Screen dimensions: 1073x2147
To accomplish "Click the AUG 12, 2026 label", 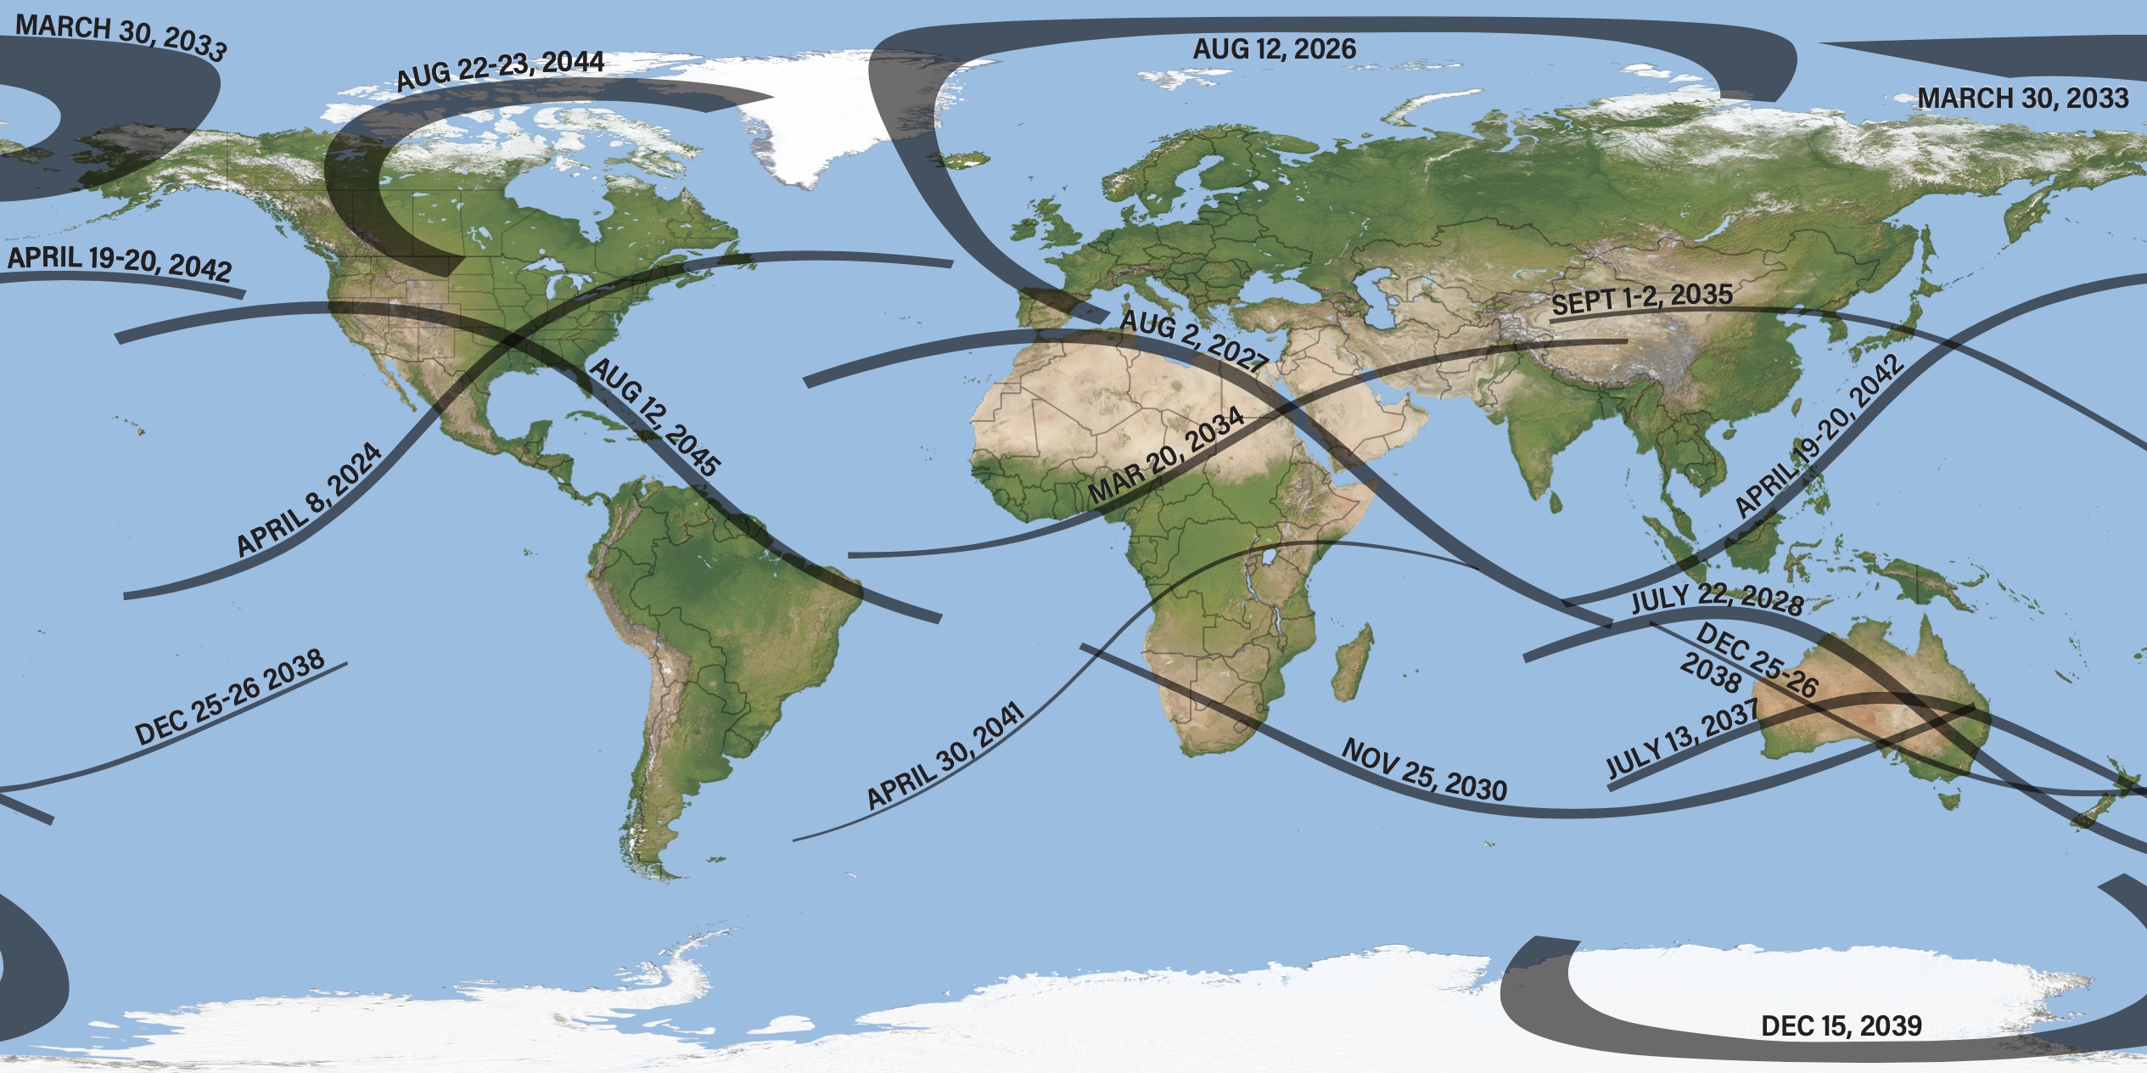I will pyautogui.click(x=1274, y=49).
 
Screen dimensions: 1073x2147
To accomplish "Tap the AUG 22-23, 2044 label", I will pyautogui.click(x=501, y=70).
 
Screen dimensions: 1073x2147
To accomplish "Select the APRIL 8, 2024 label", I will pyautogui.click(x=309, y=500).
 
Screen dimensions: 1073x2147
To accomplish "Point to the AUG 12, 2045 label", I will pyautogui.click(x=654, y=416).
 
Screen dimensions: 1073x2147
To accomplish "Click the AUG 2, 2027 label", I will pyautogui.click(x=1193, y=340).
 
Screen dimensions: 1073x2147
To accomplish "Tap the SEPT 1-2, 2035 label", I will pyautogui.click(x=1641, y=298).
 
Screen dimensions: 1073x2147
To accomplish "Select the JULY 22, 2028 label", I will pyautogui.click(x=1717, y=598).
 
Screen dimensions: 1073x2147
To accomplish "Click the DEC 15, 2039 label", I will pyautogui.click(x=1841, y=1025).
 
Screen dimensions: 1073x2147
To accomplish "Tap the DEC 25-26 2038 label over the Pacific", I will pyautogui.click(x=230, y=698).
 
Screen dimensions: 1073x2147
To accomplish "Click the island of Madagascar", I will pyautogui.click(x=1353, y=662).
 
